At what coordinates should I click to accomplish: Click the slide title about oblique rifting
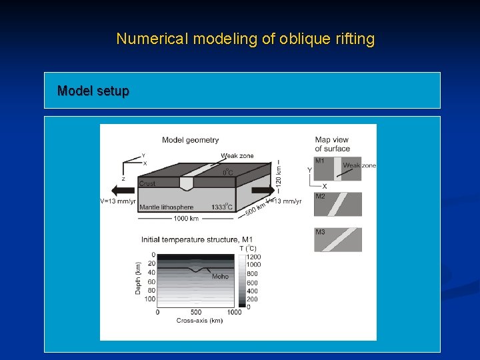tap(245, 39)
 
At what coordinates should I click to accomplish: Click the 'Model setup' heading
tap(93, 91)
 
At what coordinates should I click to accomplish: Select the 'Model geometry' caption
tap(190, 140)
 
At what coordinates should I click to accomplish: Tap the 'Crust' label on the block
tap(148, 183)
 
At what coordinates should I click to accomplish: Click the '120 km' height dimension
tap(279, 172)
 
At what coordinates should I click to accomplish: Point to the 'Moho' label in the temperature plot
tap(221, 276)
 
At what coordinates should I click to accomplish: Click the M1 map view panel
tap(337, 169)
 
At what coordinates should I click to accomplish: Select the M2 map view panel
tap(337, 204)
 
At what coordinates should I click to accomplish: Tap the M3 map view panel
tap(337, 239)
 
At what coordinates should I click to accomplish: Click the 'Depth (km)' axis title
tap(139, 278)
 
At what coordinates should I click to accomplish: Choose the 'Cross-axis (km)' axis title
tap(199, 321)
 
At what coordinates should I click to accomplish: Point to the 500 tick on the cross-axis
tap(195, 312)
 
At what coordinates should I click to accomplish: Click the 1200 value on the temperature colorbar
tap(253, 257)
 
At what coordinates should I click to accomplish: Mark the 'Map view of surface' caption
tap(332, 144)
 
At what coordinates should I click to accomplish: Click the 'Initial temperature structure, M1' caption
tap(197, 239)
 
